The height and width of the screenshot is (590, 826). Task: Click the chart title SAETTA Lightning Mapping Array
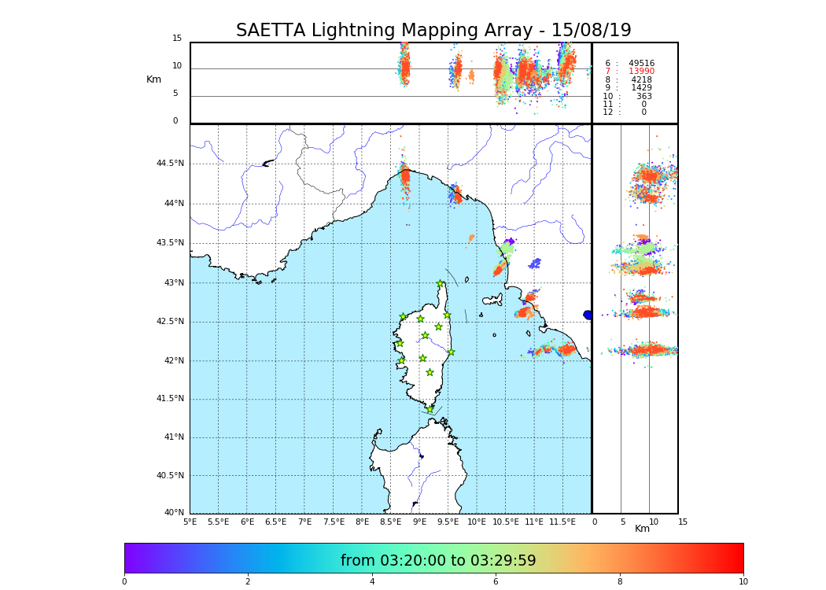click(x=433, y=31)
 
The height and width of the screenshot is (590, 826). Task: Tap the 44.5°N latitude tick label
click(x=169, y=164)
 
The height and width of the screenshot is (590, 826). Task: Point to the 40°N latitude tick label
click(x=173, y=513)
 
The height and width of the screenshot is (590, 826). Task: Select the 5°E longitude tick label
click(x=190, y=522)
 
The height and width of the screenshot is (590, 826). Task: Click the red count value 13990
click(x=641, y=72)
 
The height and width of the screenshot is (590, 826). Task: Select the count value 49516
click(x=641, y=64)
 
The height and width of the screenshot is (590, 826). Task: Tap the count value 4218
click(x=641, y=80)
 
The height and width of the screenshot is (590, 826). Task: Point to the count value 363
click(x=643, y=97)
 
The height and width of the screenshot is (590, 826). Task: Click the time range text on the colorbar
click(x=438, y=561)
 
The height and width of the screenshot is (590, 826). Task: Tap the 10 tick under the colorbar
click(x=743, y=581)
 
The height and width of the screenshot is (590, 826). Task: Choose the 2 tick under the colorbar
click(x=248, y=581)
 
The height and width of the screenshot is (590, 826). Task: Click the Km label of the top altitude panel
click(x=153, y=79)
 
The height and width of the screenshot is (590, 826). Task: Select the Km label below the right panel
click(x=642, y=529)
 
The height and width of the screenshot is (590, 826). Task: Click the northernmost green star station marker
click(x=441, y=284)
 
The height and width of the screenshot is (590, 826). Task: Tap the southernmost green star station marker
click(x=430, y=409)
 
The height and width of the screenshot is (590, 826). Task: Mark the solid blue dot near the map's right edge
click(x=587, y=315)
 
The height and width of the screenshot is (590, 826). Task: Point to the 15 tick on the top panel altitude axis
click(x=177, y=39)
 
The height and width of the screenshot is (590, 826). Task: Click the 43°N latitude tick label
click(x=173, y=282)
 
